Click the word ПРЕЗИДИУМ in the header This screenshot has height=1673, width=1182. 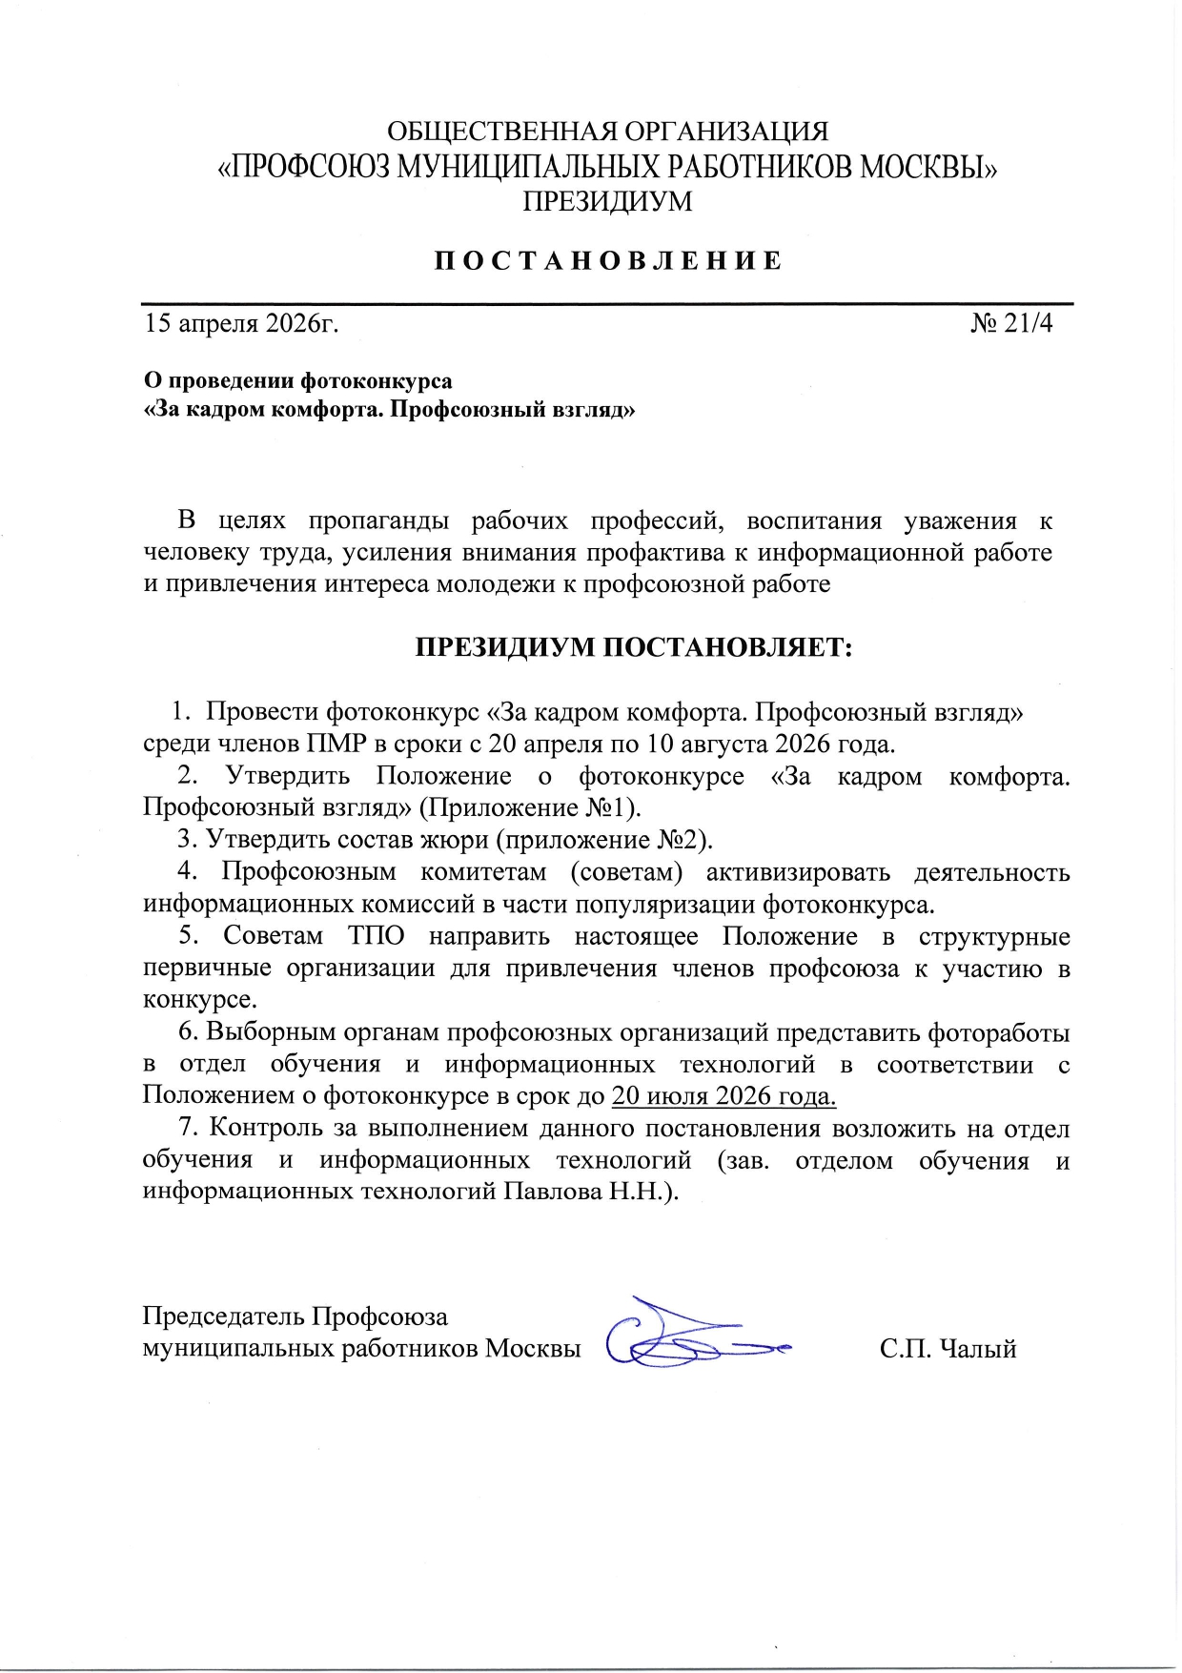(x=607, y=201)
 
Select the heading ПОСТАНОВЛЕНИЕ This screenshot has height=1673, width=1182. (x=608, y=261)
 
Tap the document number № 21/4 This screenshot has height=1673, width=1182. (x=1011, y=323)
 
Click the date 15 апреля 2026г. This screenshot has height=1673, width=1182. (x=241, y=323)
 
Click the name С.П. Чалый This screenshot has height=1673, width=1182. (x=948, y=1349)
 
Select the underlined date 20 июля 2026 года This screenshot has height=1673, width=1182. (x=723, y=1096)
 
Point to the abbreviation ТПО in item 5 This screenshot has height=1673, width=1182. (x=376, y=936)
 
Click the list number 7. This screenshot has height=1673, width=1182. (x=188, y=1129)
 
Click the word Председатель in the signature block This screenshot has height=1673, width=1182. (x=224, y=1316)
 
